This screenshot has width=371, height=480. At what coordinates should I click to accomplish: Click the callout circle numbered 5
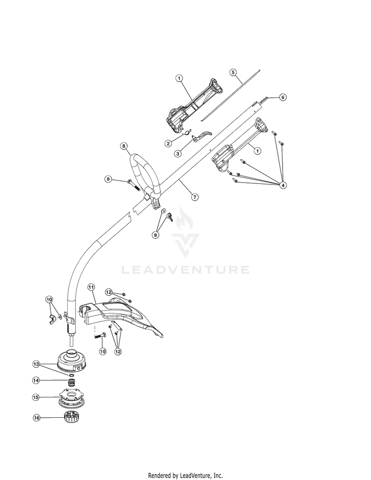tap(233, 72)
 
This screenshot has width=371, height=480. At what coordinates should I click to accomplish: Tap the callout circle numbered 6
tap(283, 97)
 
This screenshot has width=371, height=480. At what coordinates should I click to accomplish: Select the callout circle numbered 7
tap(195, 197)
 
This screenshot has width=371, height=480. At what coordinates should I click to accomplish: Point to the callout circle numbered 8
tap(124, 146)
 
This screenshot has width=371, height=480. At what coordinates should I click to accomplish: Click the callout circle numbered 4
tap(283, 185)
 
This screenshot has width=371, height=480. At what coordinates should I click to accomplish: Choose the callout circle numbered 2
tap(168, 143)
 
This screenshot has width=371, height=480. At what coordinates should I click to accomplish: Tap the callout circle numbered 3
tap(178, 154)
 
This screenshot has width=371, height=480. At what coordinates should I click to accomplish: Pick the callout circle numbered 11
tap(92, 287)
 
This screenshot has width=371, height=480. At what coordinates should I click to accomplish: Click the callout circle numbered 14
tap(36, 380)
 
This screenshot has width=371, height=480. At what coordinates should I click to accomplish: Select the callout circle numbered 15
tap(36, 397)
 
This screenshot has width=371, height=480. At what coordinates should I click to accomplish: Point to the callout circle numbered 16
tap(37, 418)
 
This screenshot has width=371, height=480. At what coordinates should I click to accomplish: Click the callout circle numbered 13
tap(36, 364)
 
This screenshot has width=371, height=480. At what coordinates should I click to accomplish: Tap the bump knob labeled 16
tap(70, 417)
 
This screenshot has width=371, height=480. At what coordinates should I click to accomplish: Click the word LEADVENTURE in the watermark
tap(185, 270)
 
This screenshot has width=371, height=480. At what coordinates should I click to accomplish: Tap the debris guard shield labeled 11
tap(121, 317)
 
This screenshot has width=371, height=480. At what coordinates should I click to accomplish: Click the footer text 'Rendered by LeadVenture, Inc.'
tap(185, 476)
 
